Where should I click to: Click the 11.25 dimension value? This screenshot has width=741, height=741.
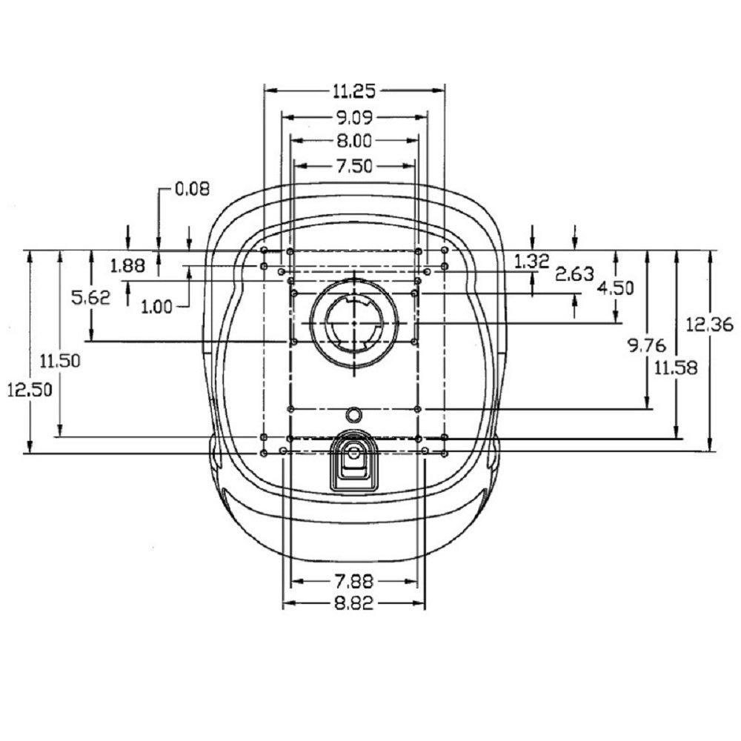click(354, 90)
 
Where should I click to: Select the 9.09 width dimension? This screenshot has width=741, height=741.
click(354, 117)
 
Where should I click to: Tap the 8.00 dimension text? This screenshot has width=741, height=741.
click(354, 141)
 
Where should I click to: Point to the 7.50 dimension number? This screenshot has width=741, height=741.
click(354, 166)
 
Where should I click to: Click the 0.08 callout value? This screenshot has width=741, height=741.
click(193, 189)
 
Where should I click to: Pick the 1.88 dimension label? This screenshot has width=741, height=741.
click(127, 265)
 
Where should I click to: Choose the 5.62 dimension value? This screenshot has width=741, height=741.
click(90, 297)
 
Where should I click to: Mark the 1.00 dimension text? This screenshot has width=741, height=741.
click(157, 308)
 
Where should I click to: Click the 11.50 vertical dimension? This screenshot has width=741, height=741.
click(60, 361)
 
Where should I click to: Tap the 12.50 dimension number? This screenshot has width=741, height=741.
click(30, 390)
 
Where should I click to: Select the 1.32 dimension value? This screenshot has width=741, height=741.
click(531, 261)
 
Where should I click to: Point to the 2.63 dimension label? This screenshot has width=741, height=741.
click(575, 273)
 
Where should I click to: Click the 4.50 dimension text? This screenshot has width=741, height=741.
click(615, 288)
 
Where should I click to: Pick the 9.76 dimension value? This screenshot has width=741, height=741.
click(647, 345)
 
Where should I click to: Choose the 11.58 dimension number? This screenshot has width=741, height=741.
click(676, 368)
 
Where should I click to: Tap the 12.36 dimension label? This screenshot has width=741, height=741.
click(709, 325)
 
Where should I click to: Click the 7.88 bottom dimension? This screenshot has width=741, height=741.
click(354, 581)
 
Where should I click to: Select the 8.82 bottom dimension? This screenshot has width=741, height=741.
click(354, 603)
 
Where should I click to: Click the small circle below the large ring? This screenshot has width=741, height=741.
click(353, 415)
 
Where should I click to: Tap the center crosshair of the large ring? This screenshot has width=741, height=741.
click(354, 323)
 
